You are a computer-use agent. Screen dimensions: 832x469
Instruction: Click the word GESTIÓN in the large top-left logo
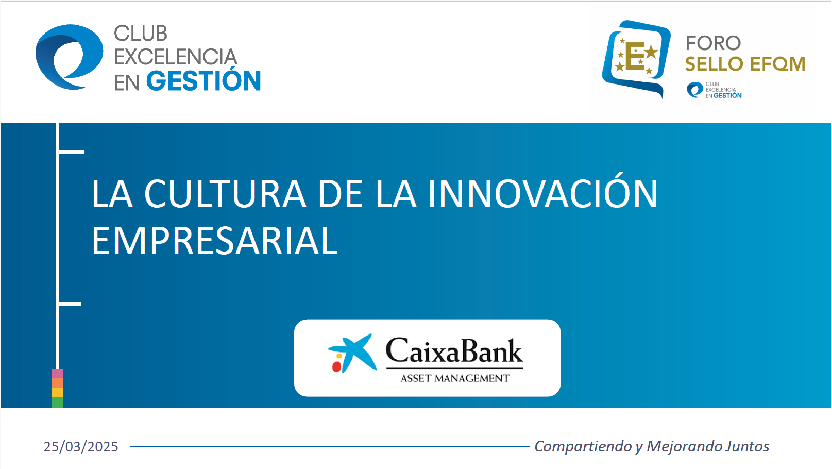coord(203,80)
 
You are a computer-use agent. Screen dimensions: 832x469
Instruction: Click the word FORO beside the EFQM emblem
coord(713,43)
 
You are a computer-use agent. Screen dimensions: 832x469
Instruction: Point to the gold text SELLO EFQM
coord(745,64)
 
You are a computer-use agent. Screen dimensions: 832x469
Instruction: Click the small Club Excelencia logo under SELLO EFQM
coord(714,90)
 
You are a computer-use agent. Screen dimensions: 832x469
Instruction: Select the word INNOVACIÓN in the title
coord(542,194)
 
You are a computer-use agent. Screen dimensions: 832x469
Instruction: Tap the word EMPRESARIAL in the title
coord(215,241)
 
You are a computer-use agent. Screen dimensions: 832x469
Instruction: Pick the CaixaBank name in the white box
coord(454,350)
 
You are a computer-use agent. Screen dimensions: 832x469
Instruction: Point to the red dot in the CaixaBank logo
coord(336,367)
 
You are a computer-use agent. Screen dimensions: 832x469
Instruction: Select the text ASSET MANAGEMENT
coord(455,378)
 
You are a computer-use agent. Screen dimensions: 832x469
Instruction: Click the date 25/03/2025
coord(80,446)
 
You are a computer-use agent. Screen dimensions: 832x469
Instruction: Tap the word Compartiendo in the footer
coord(583,446)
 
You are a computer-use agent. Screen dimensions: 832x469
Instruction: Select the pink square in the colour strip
coord(57,373)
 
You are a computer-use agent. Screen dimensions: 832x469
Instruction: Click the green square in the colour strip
coord(57,403)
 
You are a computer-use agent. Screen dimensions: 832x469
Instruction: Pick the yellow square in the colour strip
coord(57,392)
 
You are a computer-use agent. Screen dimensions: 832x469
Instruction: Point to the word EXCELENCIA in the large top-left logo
coord(175,57)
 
